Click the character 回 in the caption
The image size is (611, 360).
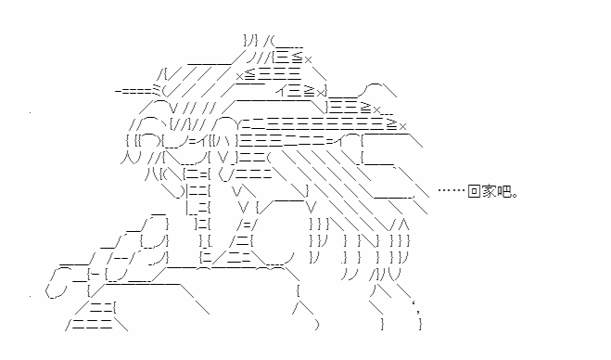pyautogui.click(x=474, y=191)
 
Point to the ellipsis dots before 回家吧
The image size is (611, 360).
pyautogui.click(x=452, y=190)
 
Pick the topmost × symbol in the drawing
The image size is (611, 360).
pyautogui.click(x=308, y=59)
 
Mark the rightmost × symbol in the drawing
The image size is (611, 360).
pyautogui.click(x=402, y=126)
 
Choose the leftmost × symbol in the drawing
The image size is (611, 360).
pyautogui.click(x=240, y=76)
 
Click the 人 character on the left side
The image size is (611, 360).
pyautogui.click(x=126, y=158)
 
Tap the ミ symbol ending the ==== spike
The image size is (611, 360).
pyautogui.click(x=157, y=90)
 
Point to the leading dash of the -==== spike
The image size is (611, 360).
pyautogui.click(x=118, y=91)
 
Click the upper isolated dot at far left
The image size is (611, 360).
pyautogui.click(x=30, y=113)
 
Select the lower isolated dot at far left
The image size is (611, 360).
pyautogui.click(x=30, y=296)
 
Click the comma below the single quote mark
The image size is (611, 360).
pyautogui.click(x=418, y=311)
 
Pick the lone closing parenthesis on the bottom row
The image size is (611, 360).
pyautogui.click(x=317, y=325)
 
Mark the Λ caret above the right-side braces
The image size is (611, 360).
pyautogui.click(x=403, y=225)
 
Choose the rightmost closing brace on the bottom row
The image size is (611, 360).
pyautogui.click(x=420, y=325)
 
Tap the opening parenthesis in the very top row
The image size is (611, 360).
pyautogui.click(x=274, y=41)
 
